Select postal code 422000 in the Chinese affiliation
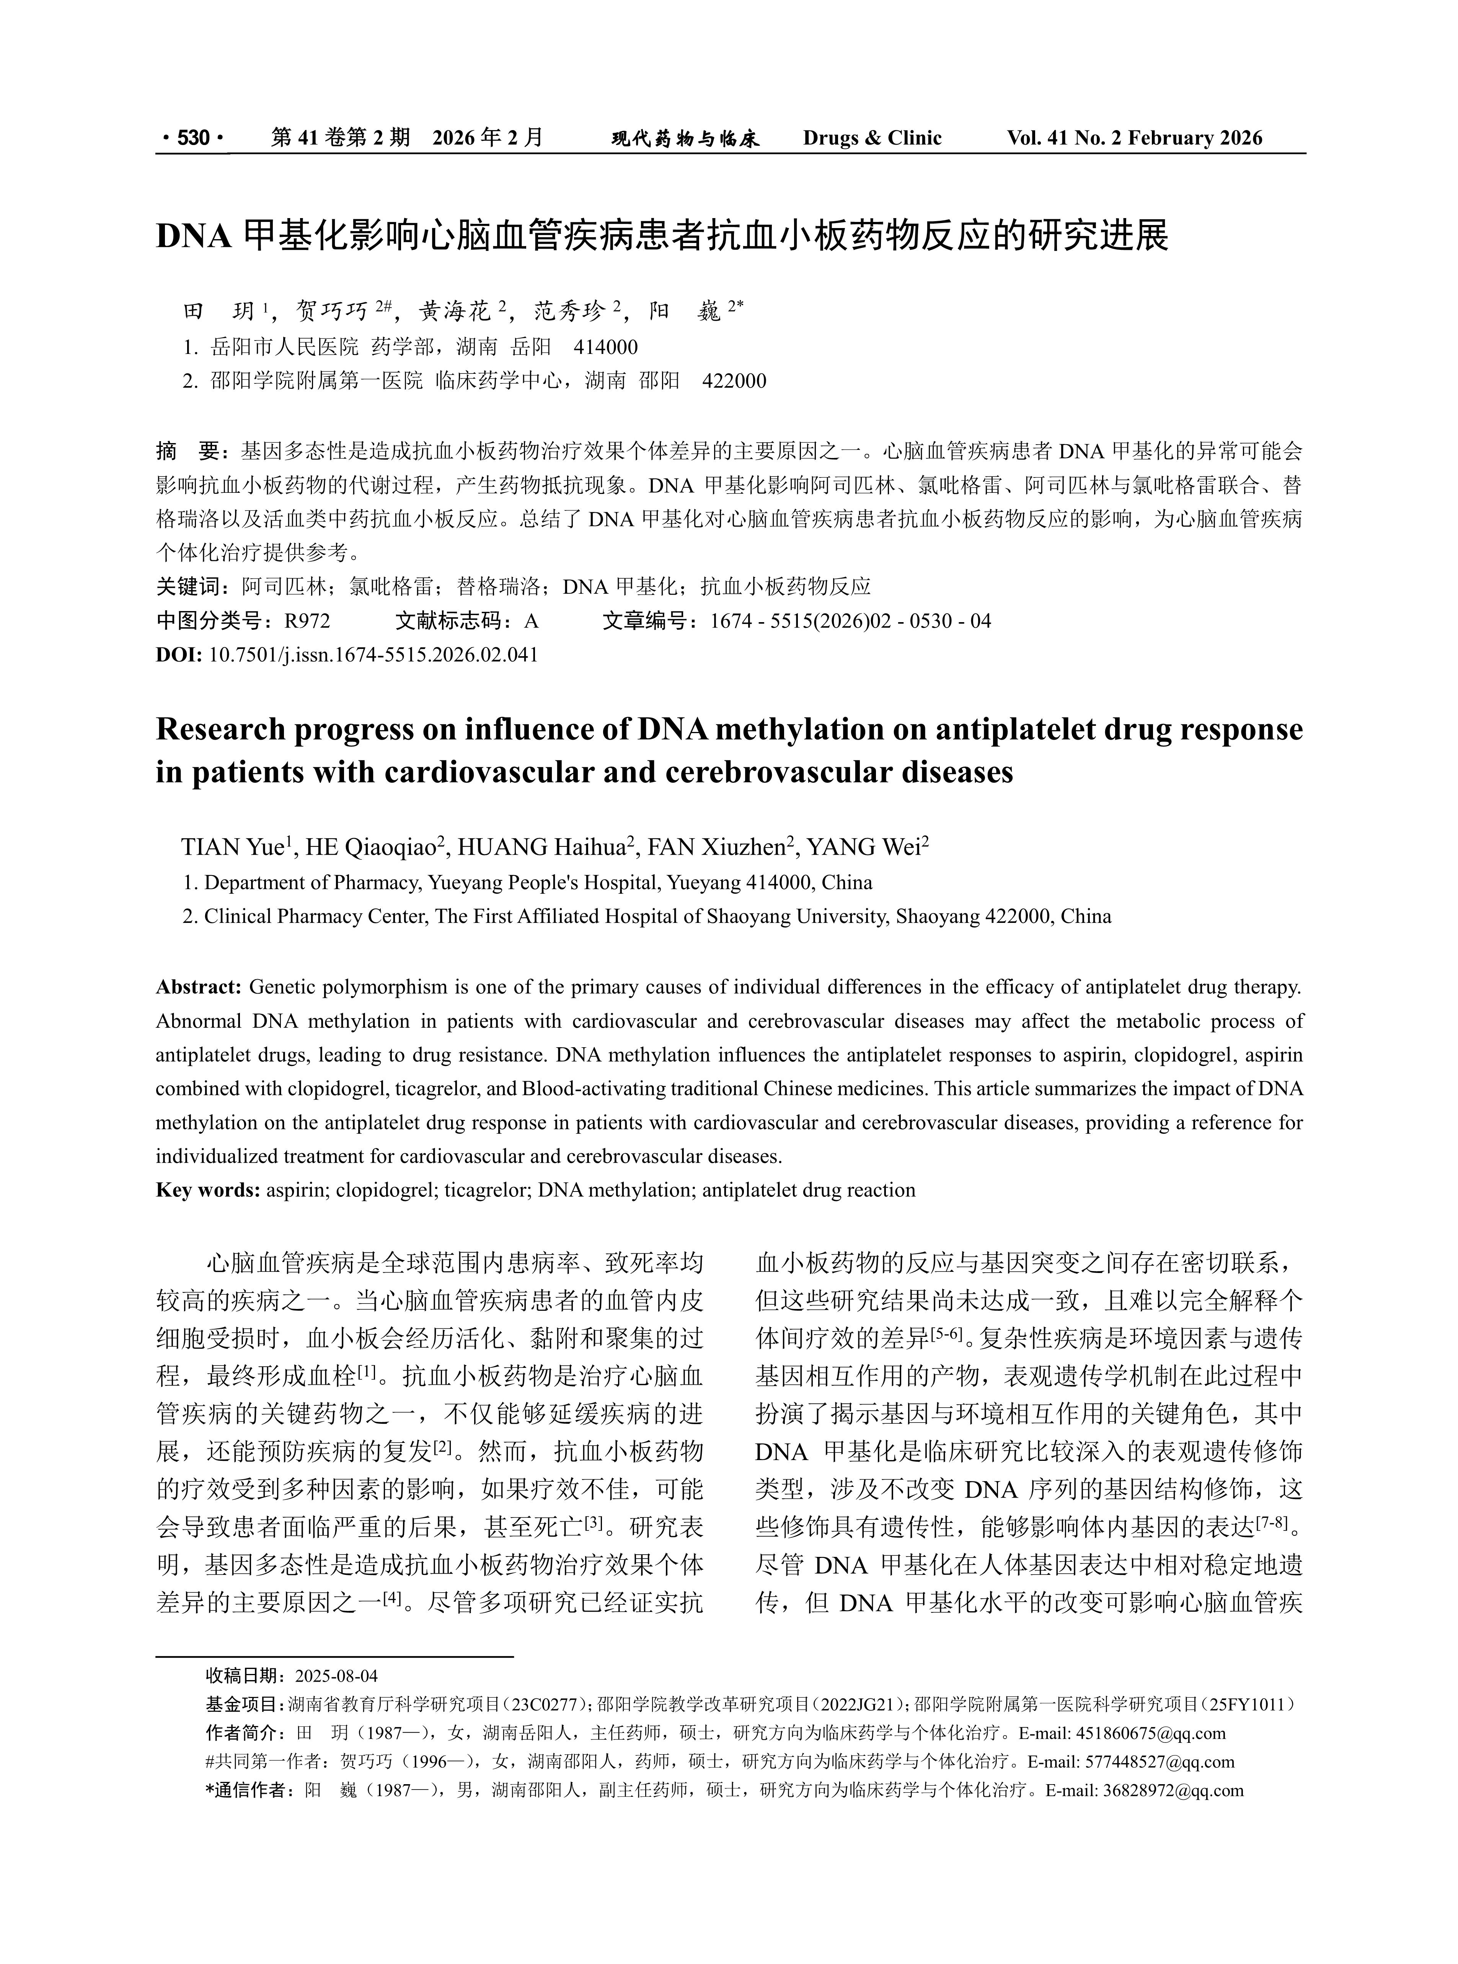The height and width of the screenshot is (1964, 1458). tap(734, 381)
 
